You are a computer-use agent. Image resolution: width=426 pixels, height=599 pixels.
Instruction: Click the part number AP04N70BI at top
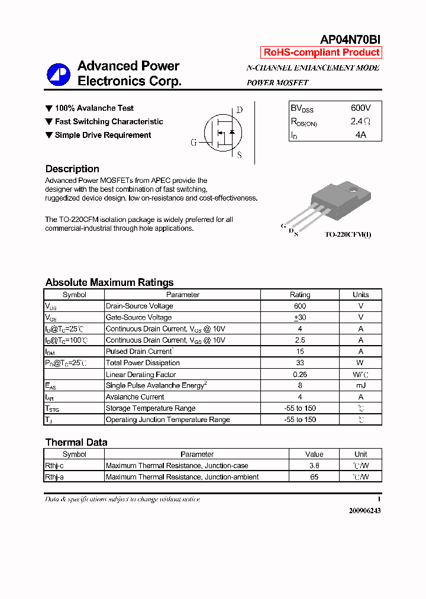click(350, 40)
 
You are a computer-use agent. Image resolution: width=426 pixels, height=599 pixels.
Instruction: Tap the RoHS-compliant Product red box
click(321, 53)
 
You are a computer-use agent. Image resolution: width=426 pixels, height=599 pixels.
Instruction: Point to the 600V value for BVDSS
click(360, 108)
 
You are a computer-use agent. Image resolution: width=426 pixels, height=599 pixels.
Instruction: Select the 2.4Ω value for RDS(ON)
click(360, 121)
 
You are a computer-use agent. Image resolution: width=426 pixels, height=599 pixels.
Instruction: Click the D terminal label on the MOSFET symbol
click(239, 110)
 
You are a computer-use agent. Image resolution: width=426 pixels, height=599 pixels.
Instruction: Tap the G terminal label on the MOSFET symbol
click(193, 143)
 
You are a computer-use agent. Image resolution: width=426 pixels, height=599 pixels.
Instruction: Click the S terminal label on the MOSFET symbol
click(239, 156)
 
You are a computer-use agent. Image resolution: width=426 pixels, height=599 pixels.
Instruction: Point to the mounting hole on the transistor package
click(353, 191)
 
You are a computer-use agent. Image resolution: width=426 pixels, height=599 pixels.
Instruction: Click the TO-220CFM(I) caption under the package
click(348, 235)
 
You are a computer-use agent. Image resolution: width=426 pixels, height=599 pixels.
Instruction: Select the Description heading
click(72, 169)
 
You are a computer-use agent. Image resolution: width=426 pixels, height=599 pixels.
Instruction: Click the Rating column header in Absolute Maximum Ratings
click(299, 295)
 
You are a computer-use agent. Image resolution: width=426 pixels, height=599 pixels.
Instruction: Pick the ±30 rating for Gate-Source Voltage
click(299, 317)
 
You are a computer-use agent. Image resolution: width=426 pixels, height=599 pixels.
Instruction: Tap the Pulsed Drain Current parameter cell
click(138, 352)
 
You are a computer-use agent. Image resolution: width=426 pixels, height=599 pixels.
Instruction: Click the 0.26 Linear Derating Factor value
click(299, 374)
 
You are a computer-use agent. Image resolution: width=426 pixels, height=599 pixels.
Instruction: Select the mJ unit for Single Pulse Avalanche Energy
click(360, 385)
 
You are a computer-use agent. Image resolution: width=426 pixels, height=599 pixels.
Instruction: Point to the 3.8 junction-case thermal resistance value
click(314, 466)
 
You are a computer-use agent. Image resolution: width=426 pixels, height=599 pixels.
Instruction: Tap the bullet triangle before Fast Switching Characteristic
click(49, 122)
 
